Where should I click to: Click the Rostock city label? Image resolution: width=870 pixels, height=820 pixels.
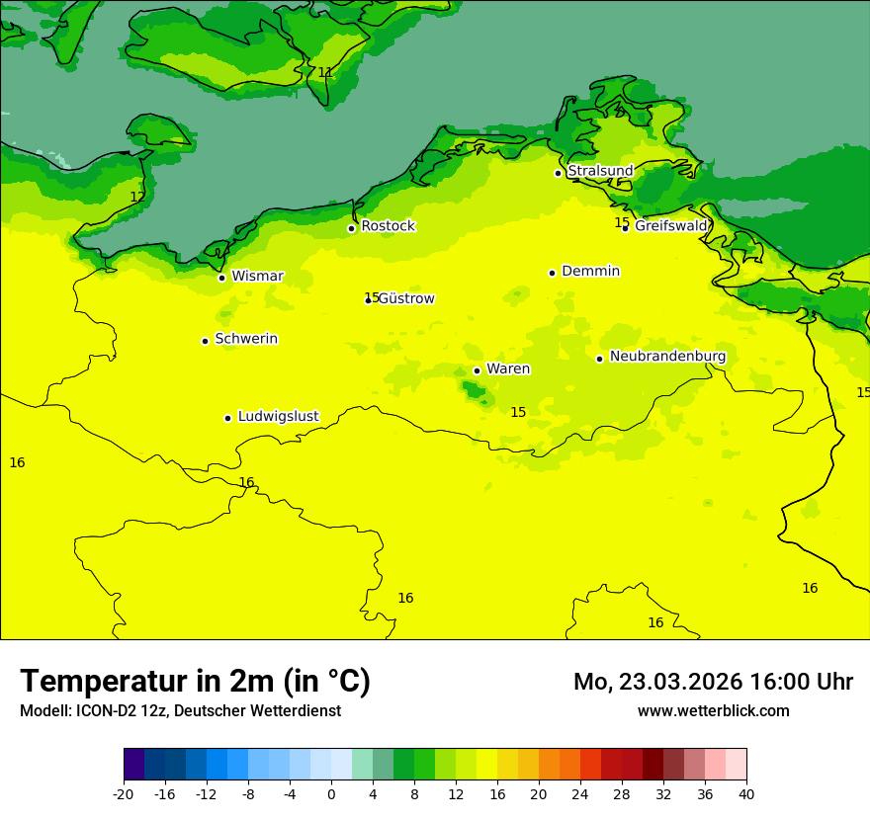pyautogui.click(x=388, y=226)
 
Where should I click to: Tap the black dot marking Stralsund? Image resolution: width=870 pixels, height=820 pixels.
pyautogui.click(x=558, y=173)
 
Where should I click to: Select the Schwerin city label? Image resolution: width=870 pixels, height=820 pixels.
pyautogui.click(x=246, y=339)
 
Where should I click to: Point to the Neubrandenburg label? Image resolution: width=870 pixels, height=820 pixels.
pyautogui.click(x=667, y=357)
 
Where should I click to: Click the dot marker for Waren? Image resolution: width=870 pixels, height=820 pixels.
pyautogui.click(x=477, y=370)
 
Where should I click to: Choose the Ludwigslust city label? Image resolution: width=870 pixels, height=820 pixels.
pyautogui.click(x=278, y=416)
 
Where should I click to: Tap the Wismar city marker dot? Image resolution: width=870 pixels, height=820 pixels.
pyautogui.click(x=221, y=278)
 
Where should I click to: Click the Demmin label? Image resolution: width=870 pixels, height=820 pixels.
pyautogui.click(x=590, y=271)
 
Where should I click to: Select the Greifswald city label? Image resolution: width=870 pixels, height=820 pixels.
pyautogui.click(x=671, y=226)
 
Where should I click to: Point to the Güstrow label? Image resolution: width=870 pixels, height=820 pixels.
pyautogui.click(x=406, y=298)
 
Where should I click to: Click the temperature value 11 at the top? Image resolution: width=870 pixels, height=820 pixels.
pyautogui.click(x=325, y=72)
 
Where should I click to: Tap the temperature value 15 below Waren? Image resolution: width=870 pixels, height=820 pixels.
pyautogui.click(x=518, y=412)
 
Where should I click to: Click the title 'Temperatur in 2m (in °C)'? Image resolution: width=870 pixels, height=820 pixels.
pyautogui.click(x=195, y=681)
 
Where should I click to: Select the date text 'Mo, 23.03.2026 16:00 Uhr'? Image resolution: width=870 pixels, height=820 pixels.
pyautogui.click(x=713, y=682)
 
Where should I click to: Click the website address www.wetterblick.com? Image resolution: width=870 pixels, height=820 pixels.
pyautogui.click(x=713, y=710)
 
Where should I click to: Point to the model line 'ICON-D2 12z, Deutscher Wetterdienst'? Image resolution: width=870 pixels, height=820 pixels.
pyautogui.click(x=180, y=710)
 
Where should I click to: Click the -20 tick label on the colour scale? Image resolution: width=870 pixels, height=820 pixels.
pyautogui.click(x=124, y=793)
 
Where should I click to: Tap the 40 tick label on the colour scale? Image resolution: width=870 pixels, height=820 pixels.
pyautogui.click(x=746, y=793)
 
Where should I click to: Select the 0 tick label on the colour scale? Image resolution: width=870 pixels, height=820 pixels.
pyautogui.click(x=331, y=793)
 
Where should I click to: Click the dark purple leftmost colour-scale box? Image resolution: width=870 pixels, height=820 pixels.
pyautogui.click(x=133, y=765)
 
